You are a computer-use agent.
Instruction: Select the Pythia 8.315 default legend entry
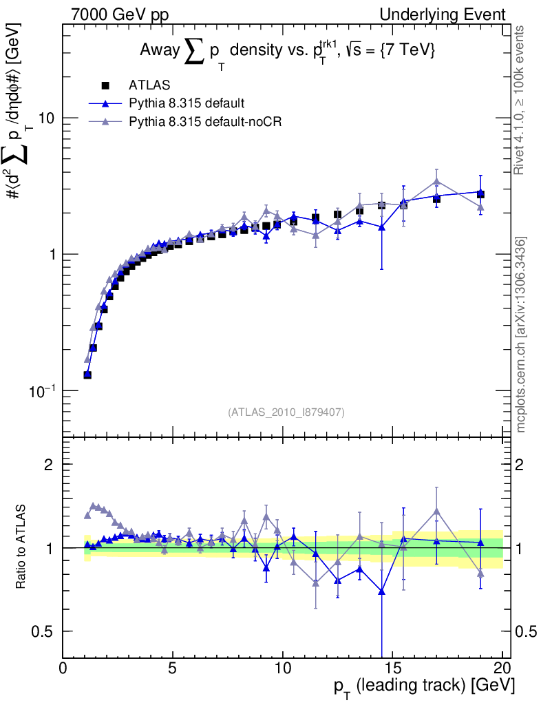(186, 104)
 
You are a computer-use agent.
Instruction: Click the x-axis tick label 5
(173, 670)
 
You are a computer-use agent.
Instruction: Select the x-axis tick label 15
(392, 670)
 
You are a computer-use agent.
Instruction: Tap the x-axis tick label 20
(502, 670)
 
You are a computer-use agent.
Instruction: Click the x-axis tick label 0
(63, 670)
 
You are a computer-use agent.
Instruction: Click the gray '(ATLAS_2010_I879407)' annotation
(286, 412)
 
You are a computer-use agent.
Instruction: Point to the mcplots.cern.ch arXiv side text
(521, 334)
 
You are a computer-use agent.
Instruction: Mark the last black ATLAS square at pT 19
(480, 194)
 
